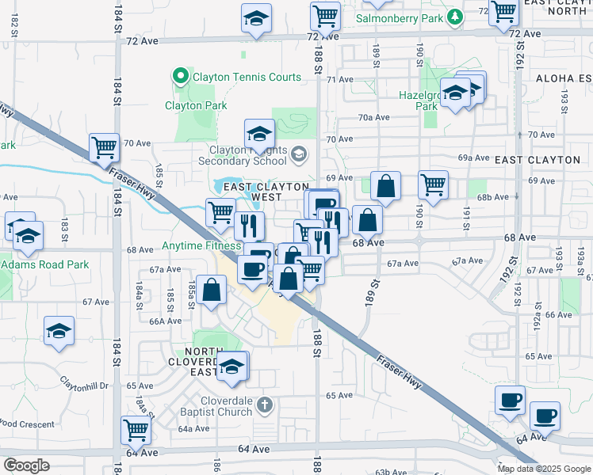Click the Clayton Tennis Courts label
244,78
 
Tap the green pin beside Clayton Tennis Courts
180,78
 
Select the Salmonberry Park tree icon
454,17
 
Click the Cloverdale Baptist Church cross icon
265,405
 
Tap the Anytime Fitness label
201,246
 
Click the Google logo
26,465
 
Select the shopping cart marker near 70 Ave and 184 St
104,146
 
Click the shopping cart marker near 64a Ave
136,430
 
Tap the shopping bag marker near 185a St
212,289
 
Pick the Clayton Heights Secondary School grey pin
298,154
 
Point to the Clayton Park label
196,105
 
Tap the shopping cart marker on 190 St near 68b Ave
433,185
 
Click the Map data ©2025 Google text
543,469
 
